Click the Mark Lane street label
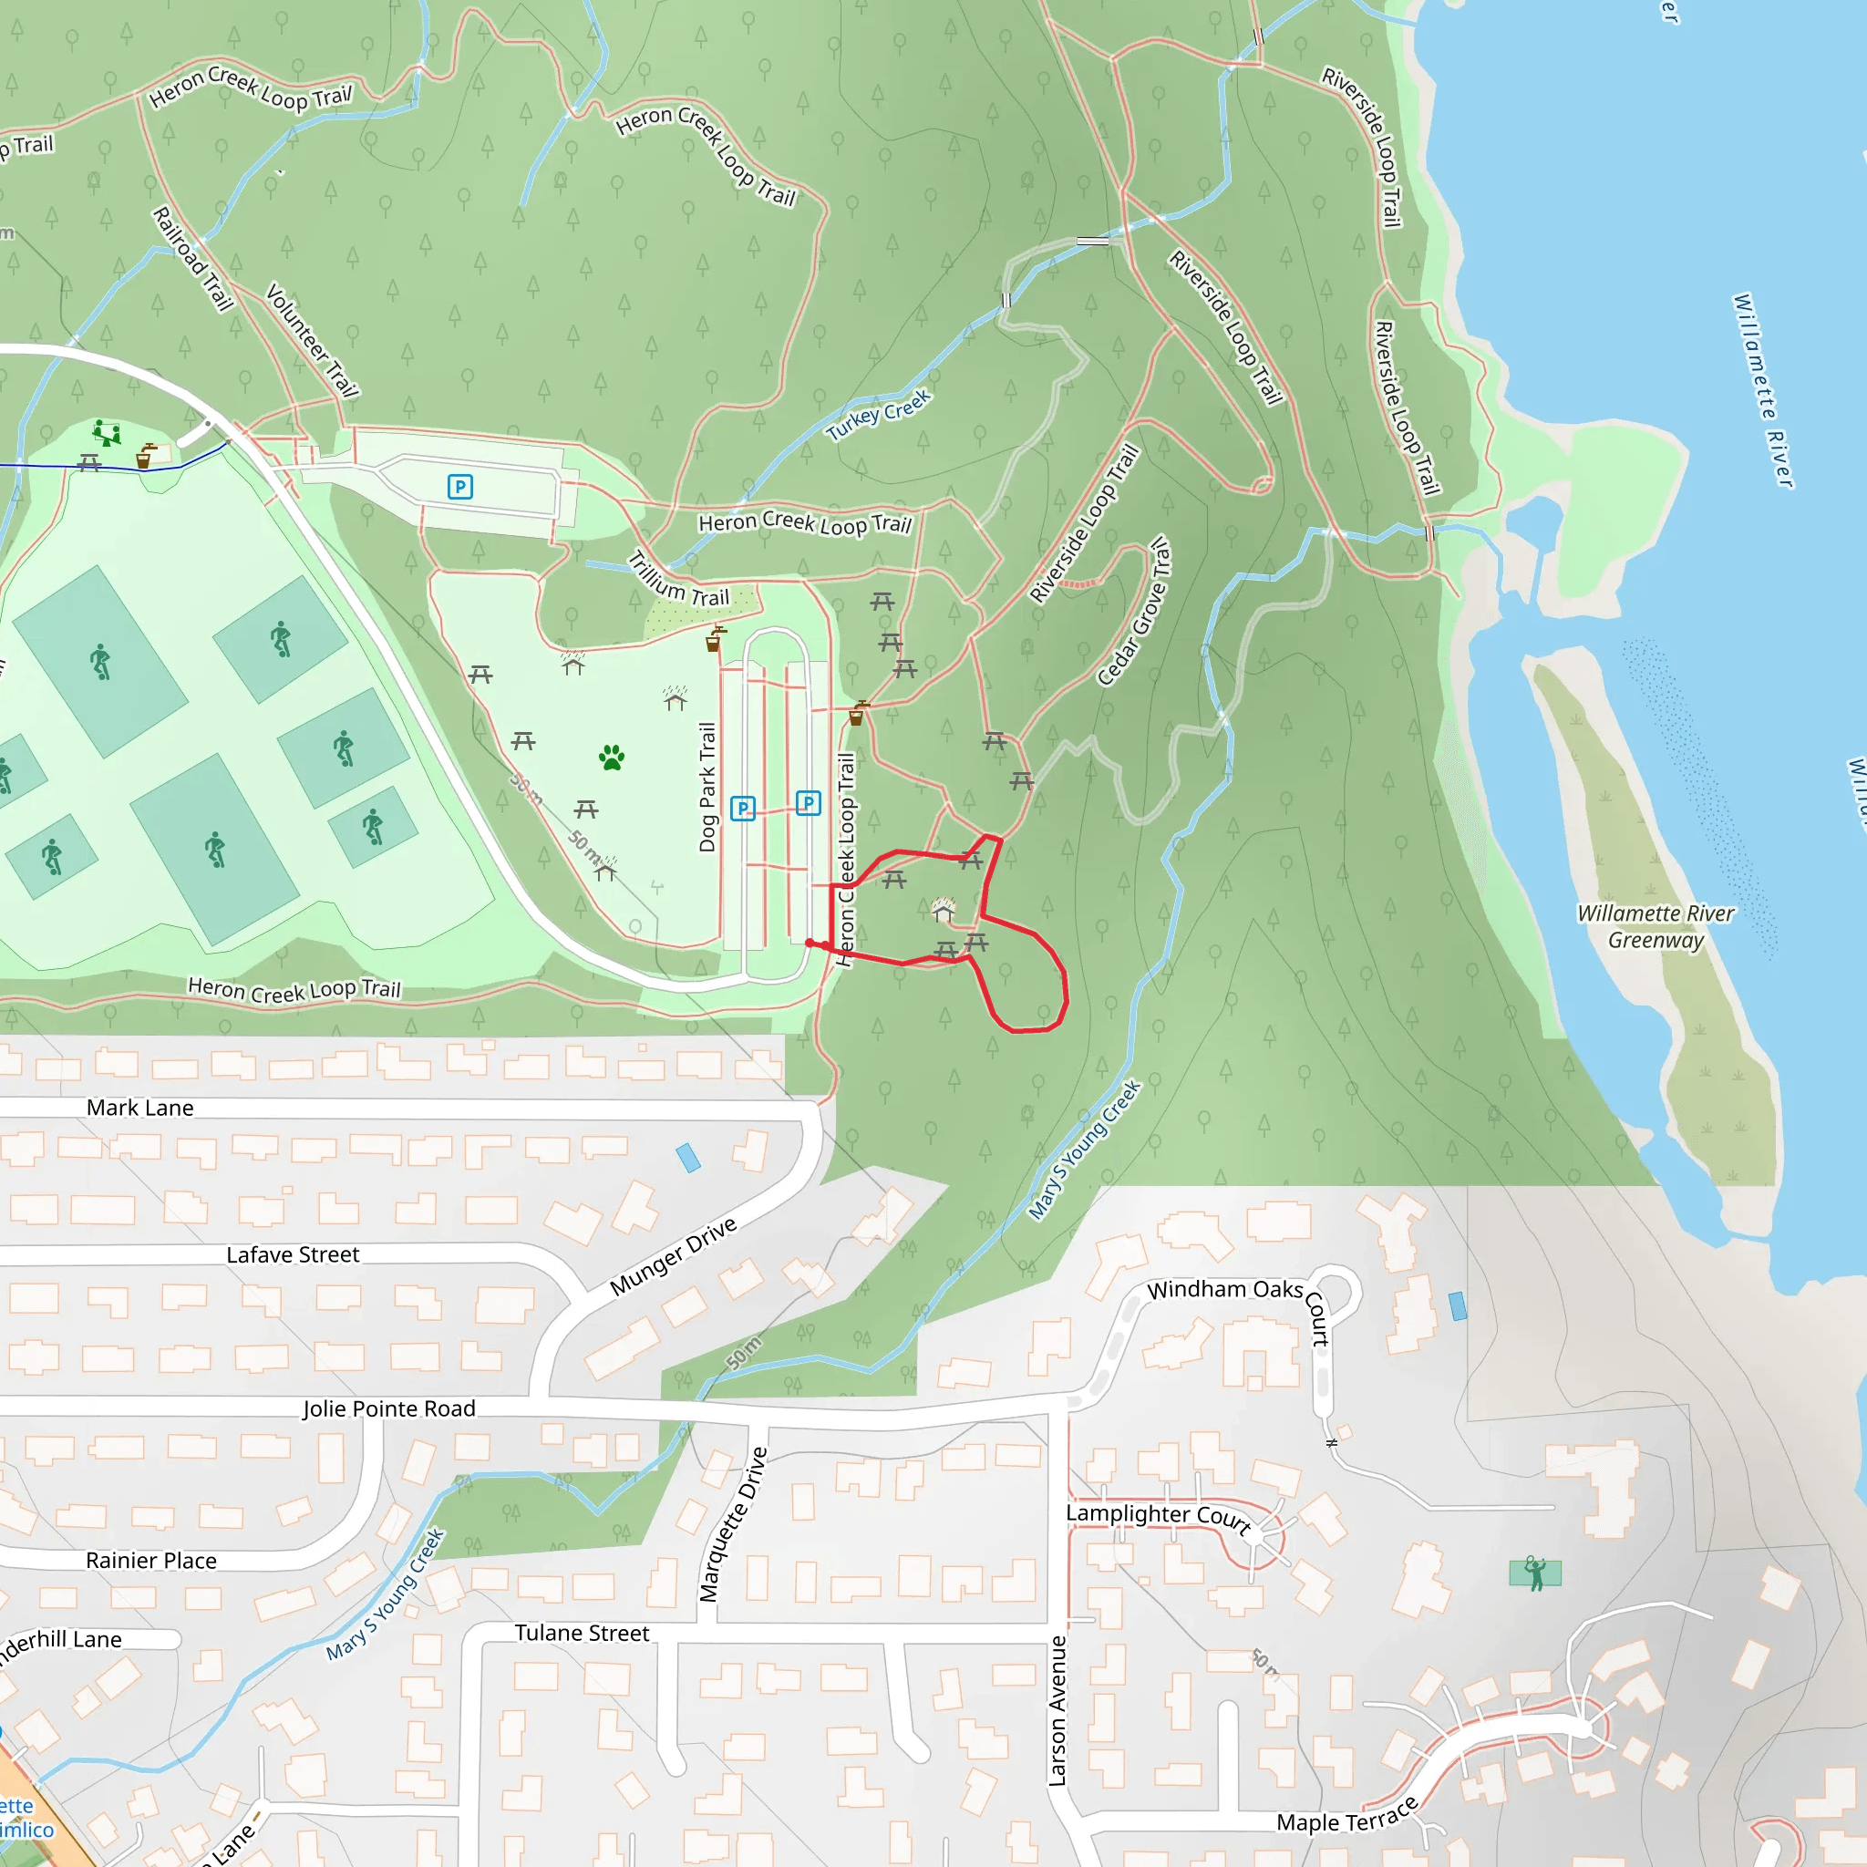point(140,1108)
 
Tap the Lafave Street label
point(293,1254)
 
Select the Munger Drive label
point(673,1256)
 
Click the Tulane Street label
point(582,1632)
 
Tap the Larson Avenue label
point(1058,1710)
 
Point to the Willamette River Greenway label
point(1656,927)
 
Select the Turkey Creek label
point(879,415)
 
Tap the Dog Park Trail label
point(707,787)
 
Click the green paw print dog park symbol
point(611,758)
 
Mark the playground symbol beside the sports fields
point(107,432)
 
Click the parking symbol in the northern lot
point(460,486)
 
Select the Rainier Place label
point(150,1560)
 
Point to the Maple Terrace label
point(1347,1819)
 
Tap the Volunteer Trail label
point(312,340)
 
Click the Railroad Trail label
point(193,258)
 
